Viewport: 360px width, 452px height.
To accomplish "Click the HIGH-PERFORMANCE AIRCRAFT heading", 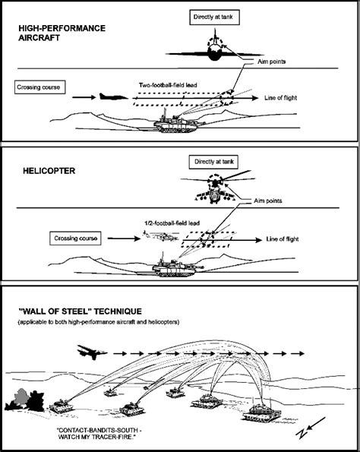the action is [x=62, y=33].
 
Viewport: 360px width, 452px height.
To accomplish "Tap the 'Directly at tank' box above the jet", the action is [x=214, y=17].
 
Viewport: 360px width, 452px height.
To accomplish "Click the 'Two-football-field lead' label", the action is [x=168, y=85].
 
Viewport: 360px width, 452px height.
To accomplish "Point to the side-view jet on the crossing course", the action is [x=113, y=96].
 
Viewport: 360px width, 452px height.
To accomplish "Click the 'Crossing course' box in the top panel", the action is [x=39, y=87].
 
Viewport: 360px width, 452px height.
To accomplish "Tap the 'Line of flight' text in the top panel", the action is [x=280, y=98].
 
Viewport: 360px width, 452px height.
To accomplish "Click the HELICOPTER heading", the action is [x=49, y=171].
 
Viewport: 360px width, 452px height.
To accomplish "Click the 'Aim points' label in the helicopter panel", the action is [x=268, y=201].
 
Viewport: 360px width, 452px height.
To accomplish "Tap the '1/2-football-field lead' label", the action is [x=172, y=223].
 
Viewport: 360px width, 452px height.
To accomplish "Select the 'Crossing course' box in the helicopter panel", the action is [x=75, y=239].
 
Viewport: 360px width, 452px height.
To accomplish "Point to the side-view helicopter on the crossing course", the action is [x=161, y=236].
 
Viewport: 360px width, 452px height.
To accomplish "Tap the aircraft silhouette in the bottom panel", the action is [x=92, y=352].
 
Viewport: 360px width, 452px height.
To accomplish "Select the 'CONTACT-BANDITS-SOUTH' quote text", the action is [x=100, y=434].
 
